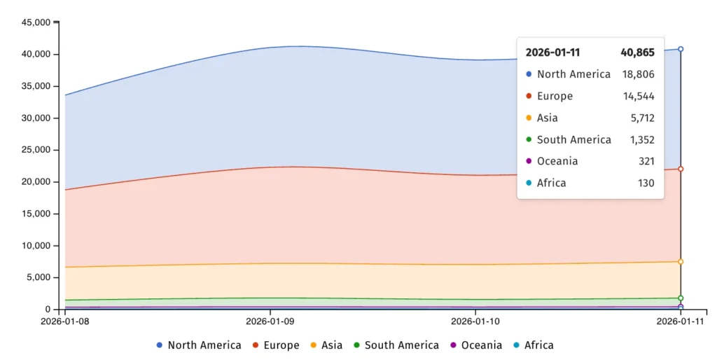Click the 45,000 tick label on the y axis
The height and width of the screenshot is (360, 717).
36,22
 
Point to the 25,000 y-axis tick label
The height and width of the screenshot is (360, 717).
36,150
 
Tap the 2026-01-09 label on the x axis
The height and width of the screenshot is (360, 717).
270,322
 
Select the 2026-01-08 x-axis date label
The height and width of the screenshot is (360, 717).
65,322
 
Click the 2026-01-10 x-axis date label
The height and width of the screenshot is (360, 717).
475,322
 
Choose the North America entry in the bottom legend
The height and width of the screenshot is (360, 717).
198,345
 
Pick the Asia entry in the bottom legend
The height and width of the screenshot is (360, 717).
326,345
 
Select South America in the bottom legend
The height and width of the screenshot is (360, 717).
396,345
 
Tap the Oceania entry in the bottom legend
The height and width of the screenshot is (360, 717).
475,345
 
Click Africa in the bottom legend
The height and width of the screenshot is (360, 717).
533,345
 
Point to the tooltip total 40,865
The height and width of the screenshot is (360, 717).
637,53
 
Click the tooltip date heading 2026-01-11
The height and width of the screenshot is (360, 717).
552,53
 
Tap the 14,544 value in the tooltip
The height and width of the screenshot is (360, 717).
639,96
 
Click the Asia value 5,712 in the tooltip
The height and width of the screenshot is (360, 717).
641,118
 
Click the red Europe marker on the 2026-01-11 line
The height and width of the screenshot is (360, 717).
681,169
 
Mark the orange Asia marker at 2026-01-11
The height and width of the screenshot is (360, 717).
681,262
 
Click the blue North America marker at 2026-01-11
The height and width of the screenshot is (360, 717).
681,49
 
